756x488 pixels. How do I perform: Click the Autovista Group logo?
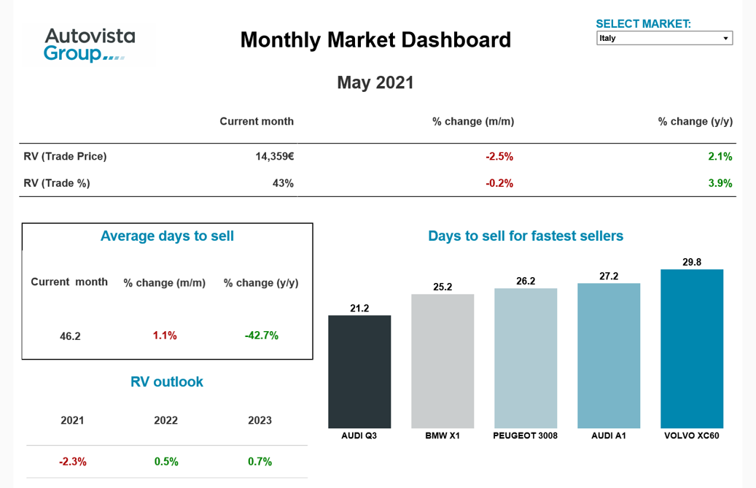click(89, 44)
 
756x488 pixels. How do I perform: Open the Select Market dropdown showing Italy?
click(664, 38)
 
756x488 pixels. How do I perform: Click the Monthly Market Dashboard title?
click(375, 39)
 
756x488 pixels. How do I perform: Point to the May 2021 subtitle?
click(375, 82)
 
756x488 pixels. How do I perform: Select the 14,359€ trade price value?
click(274, 156)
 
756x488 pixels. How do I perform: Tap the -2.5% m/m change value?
click(499, 156)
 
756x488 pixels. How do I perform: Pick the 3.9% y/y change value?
click(720, 183)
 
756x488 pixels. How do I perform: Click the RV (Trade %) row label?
click(57, 183)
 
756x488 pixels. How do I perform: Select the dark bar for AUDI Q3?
click(359, 371)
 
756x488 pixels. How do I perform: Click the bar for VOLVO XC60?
click(692, 349)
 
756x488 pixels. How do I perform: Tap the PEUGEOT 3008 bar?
click(526, 358)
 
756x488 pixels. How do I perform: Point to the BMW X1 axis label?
click(443, 436)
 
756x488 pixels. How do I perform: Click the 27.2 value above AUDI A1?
click(609, 276)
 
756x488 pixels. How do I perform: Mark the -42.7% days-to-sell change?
click(262, 336)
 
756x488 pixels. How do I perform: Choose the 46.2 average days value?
click(70, 336)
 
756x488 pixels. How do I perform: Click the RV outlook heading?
click(167, 382)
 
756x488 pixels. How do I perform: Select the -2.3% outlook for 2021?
click(73, 462)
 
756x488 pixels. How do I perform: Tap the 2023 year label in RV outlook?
click(260, 420)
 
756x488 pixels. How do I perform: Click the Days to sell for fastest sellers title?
click(526, 236)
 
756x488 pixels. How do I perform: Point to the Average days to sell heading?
click(167, 236)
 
